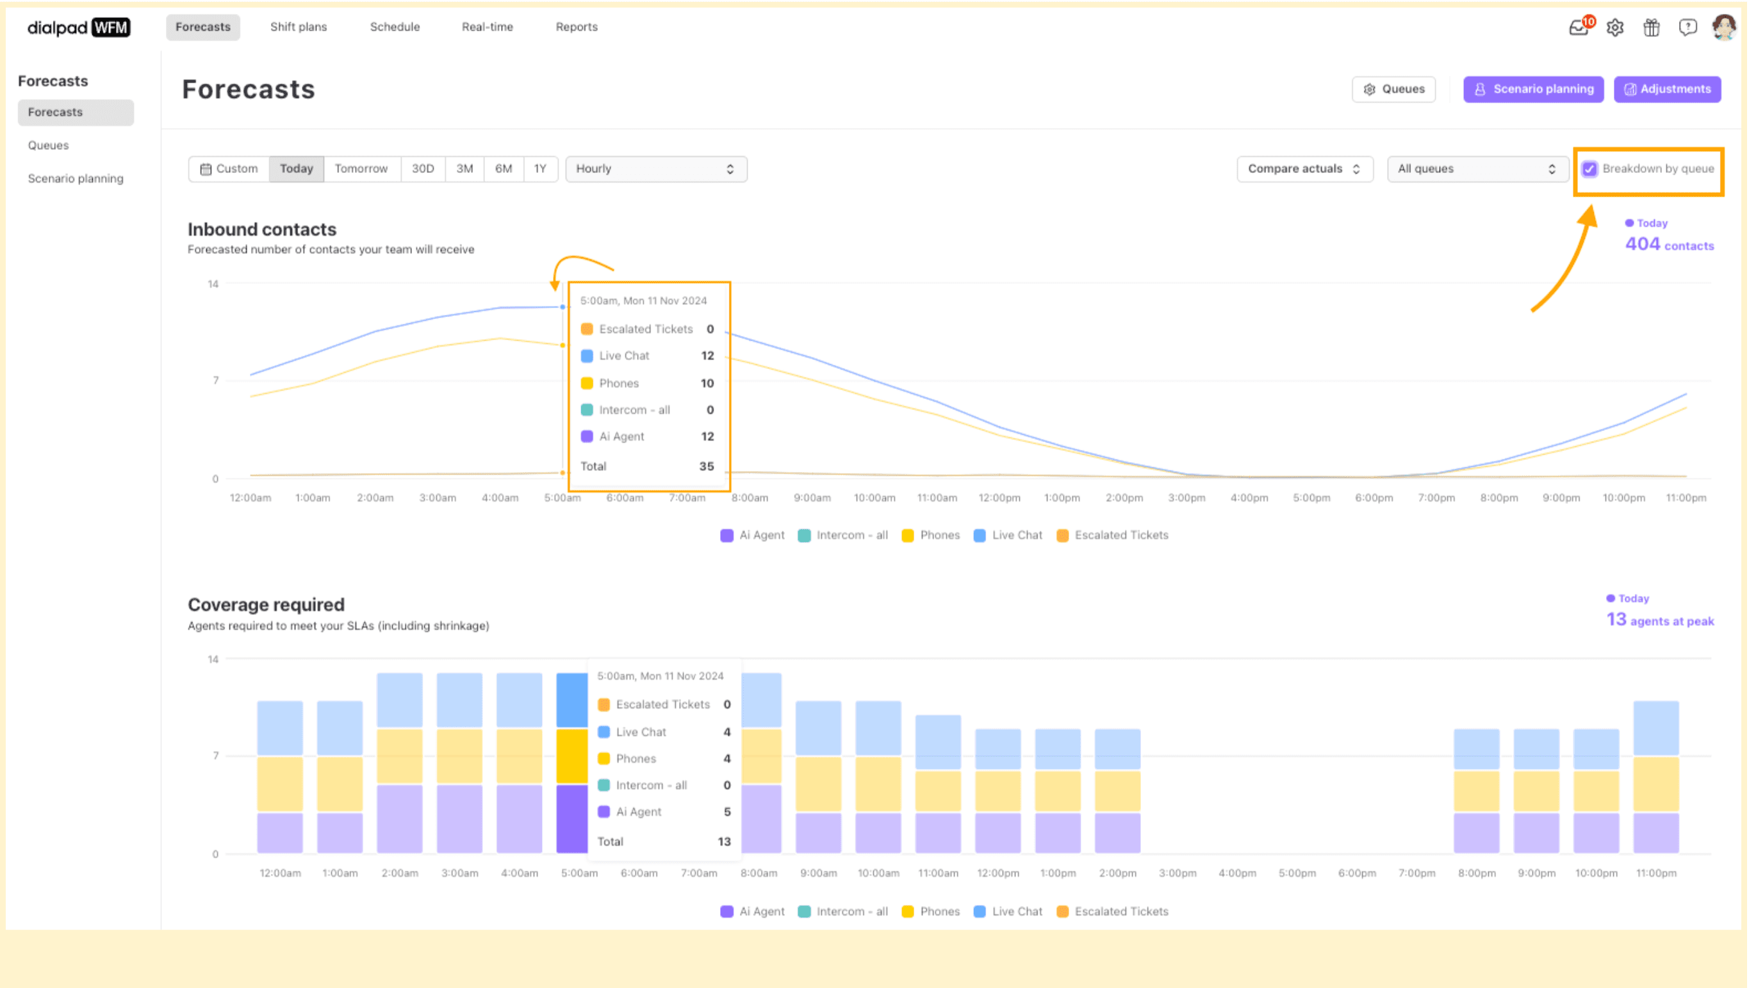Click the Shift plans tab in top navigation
coord(298,27)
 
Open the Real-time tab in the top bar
coord(487,27)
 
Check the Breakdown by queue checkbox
coord(1589,169)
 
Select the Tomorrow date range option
coord(361,169)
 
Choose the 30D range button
coord(422,169)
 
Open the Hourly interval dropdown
coord(655,169)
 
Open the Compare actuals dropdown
coord(1304,169)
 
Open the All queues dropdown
coord(1476,169)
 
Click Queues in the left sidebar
coord(48,145)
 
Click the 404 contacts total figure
coord(1668,245)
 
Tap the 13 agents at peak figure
coord(1659,620)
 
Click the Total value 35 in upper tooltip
coord(706,466)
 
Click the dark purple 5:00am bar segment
coord(571,818)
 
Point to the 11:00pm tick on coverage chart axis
coord(1655,873)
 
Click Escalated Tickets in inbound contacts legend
coord(1121,535)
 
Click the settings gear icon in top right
coord(1614,28)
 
